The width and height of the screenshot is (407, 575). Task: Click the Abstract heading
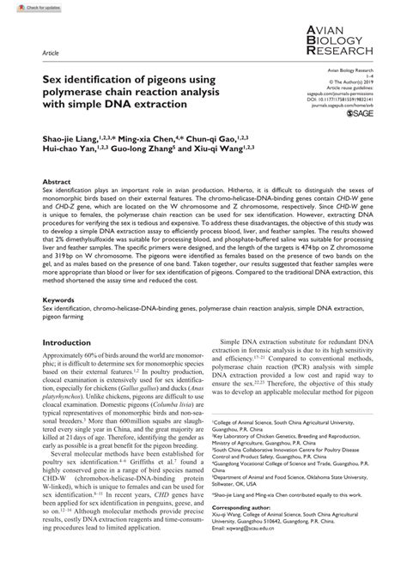pyautogui.click(x=57, y=183)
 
